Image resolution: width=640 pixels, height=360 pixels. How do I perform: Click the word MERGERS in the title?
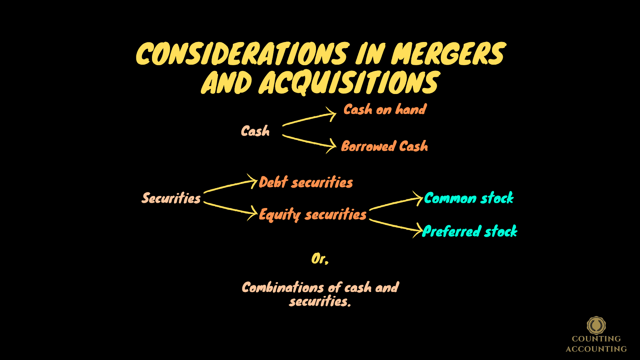[448, 54]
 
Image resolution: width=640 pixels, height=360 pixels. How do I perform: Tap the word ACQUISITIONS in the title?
[349, 83]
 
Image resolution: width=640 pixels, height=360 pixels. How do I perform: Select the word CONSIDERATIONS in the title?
[242, 54]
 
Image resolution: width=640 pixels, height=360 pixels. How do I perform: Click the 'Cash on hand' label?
[385, 110]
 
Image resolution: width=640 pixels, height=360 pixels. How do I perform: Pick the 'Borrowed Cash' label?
[384, 146]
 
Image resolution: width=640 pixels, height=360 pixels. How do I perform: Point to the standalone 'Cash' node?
[255, 131]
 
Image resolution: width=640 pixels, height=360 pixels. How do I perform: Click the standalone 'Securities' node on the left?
[171, 198]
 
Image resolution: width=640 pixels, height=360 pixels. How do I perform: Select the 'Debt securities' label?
[306, 183]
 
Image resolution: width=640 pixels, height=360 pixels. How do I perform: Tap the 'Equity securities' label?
[313, 215]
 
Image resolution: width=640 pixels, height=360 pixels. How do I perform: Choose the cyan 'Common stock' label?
[469, 198]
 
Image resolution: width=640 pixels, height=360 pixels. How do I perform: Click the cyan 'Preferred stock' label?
[470, 232]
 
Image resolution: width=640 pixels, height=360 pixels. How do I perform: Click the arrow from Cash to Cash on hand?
[309, 119]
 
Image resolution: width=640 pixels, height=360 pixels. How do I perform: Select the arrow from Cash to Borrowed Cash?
[309, 142]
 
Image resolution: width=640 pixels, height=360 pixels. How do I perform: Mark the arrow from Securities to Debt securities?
[230, 186]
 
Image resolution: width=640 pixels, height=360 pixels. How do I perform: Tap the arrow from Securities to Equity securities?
[230, 209]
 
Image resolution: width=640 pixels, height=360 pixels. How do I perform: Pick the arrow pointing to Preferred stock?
[396, 226]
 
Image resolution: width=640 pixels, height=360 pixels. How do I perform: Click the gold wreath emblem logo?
[596, 325]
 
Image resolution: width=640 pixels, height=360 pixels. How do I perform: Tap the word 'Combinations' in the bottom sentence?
[283, 288]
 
